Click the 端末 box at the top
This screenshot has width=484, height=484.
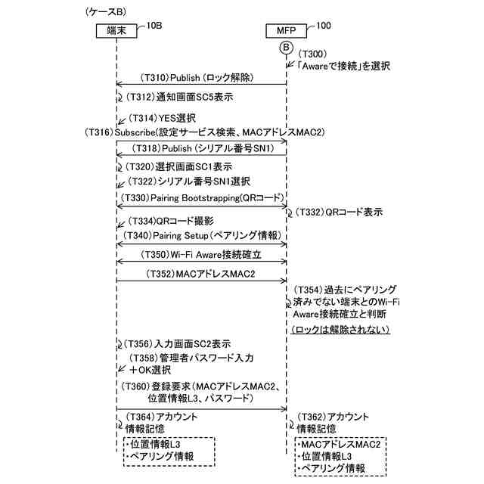coord(116,31)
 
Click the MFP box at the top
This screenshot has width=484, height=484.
coord(285,31)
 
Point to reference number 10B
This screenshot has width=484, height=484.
coord(154,25)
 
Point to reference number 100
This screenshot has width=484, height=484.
coord(323,25)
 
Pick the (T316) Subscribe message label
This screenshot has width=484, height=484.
coord(205,132)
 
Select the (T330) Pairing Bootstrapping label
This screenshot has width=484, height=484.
coord(200,197)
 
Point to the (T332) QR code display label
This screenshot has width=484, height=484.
coord(338,213)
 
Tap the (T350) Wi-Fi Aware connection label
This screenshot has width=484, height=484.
coord(200,255)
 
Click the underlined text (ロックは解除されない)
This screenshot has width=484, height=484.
coord(340,330)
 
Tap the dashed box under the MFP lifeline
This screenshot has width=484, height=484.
coord(340,457)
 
